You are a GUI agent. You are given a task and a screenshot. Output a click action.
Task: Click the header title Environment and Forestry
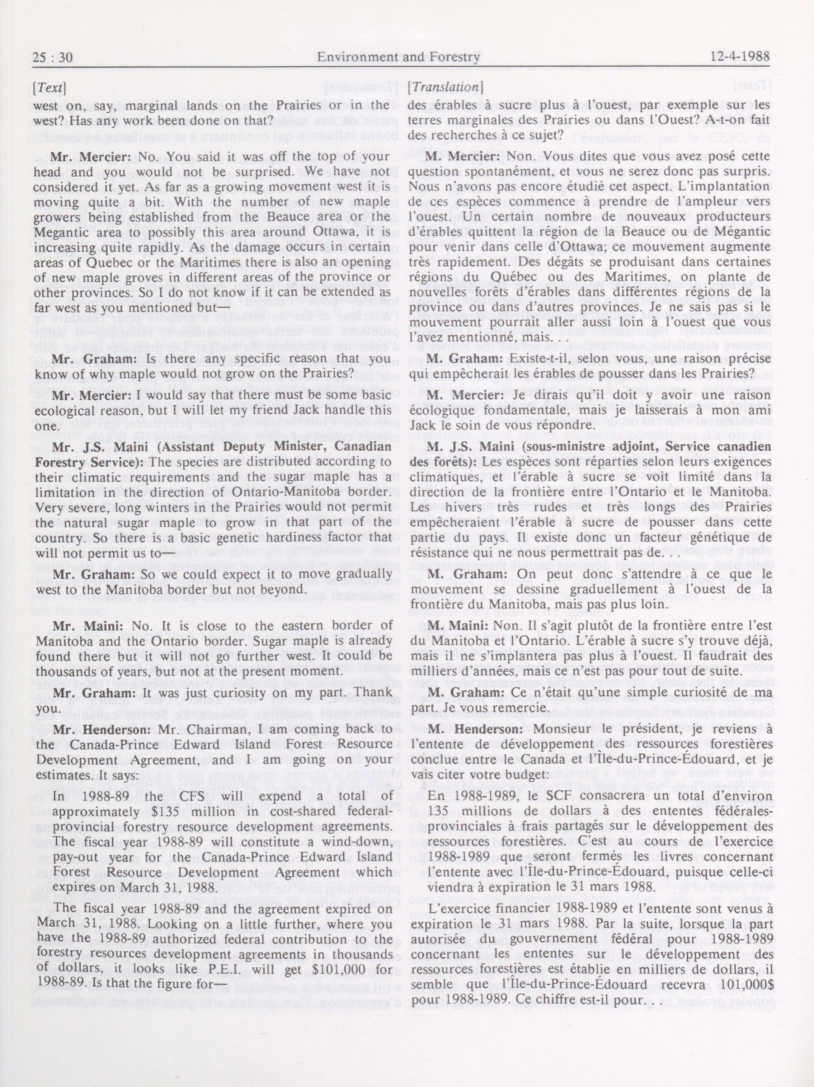pyautogui.click(x=398, y=57)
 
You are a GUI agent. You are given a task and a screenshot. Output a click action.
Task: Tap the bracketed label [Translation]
pyautogui.click(x=445, y=88)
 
